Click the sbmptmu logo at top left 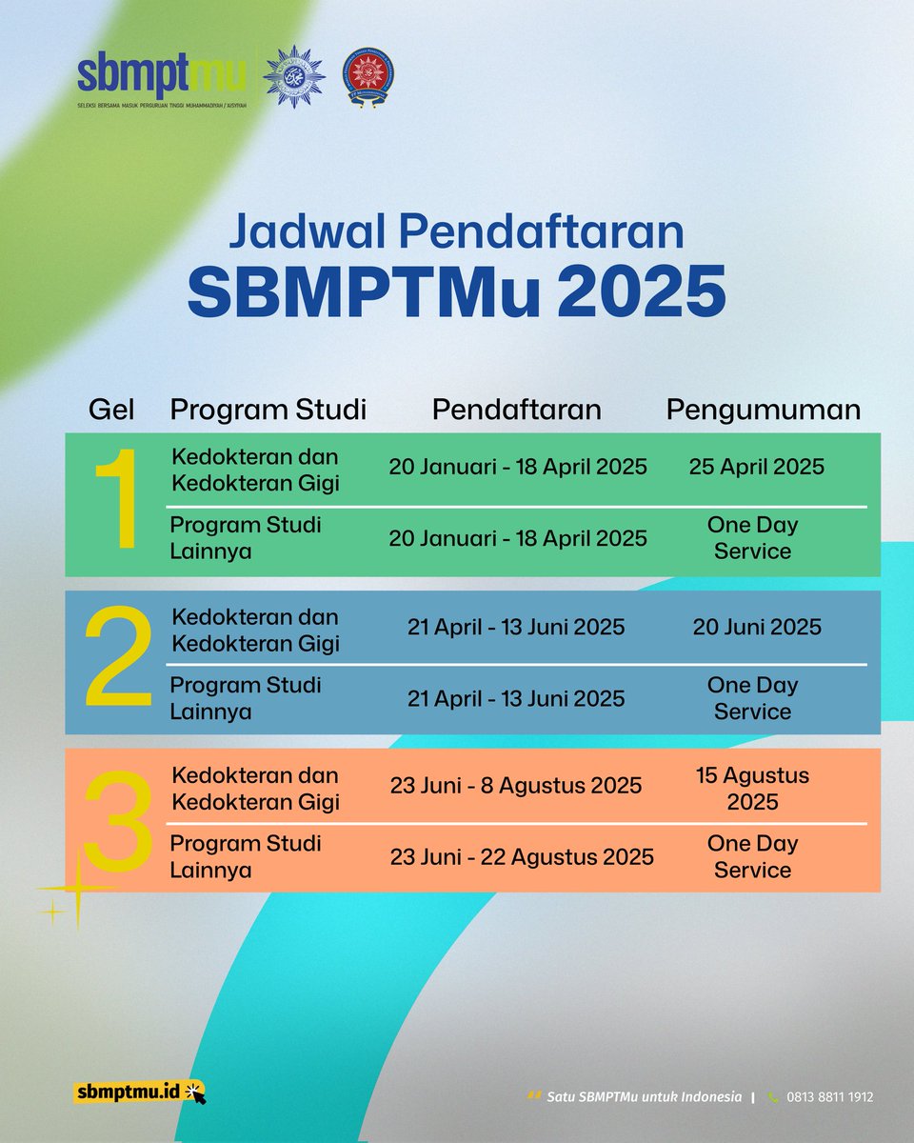pyautogui.click(x=162, y=81)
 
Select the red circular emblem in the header pyautogui.click(x=369, y=76)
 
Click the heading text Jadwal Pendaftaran pyautogui.click(x=457, y=232)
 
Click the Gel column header pyautogui.click(x=111, y=410)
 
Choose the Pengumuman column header pyautogui.click(x=763, y=410)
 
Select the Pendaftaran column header pyautogui.click(x=516, y=410)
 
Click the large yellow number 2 pyautogui.click(x=118, y=660)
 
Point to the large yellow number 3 pyautogui.click(x=118, y=819)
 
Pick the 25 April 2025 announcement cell pyautogui.click(x=756, y=467)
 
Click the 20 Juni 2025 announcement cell pyautogui.click(x=756, y=627)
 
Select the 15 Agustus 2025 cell pyautogui.click(x=752, y=789)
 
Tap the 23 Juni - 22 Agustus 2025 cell pyautogui.click(x=522, y=856)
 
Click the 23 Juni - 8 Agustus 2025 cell pyautogui.click(x=516, y=786)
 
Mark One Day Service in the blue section pyautogui.click(x=752, y=698)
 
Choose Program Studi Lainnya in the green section pyautogui.click(x=246, y=538)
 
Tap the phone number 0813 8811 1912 pyautogui.click(x=829, y=1097)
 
